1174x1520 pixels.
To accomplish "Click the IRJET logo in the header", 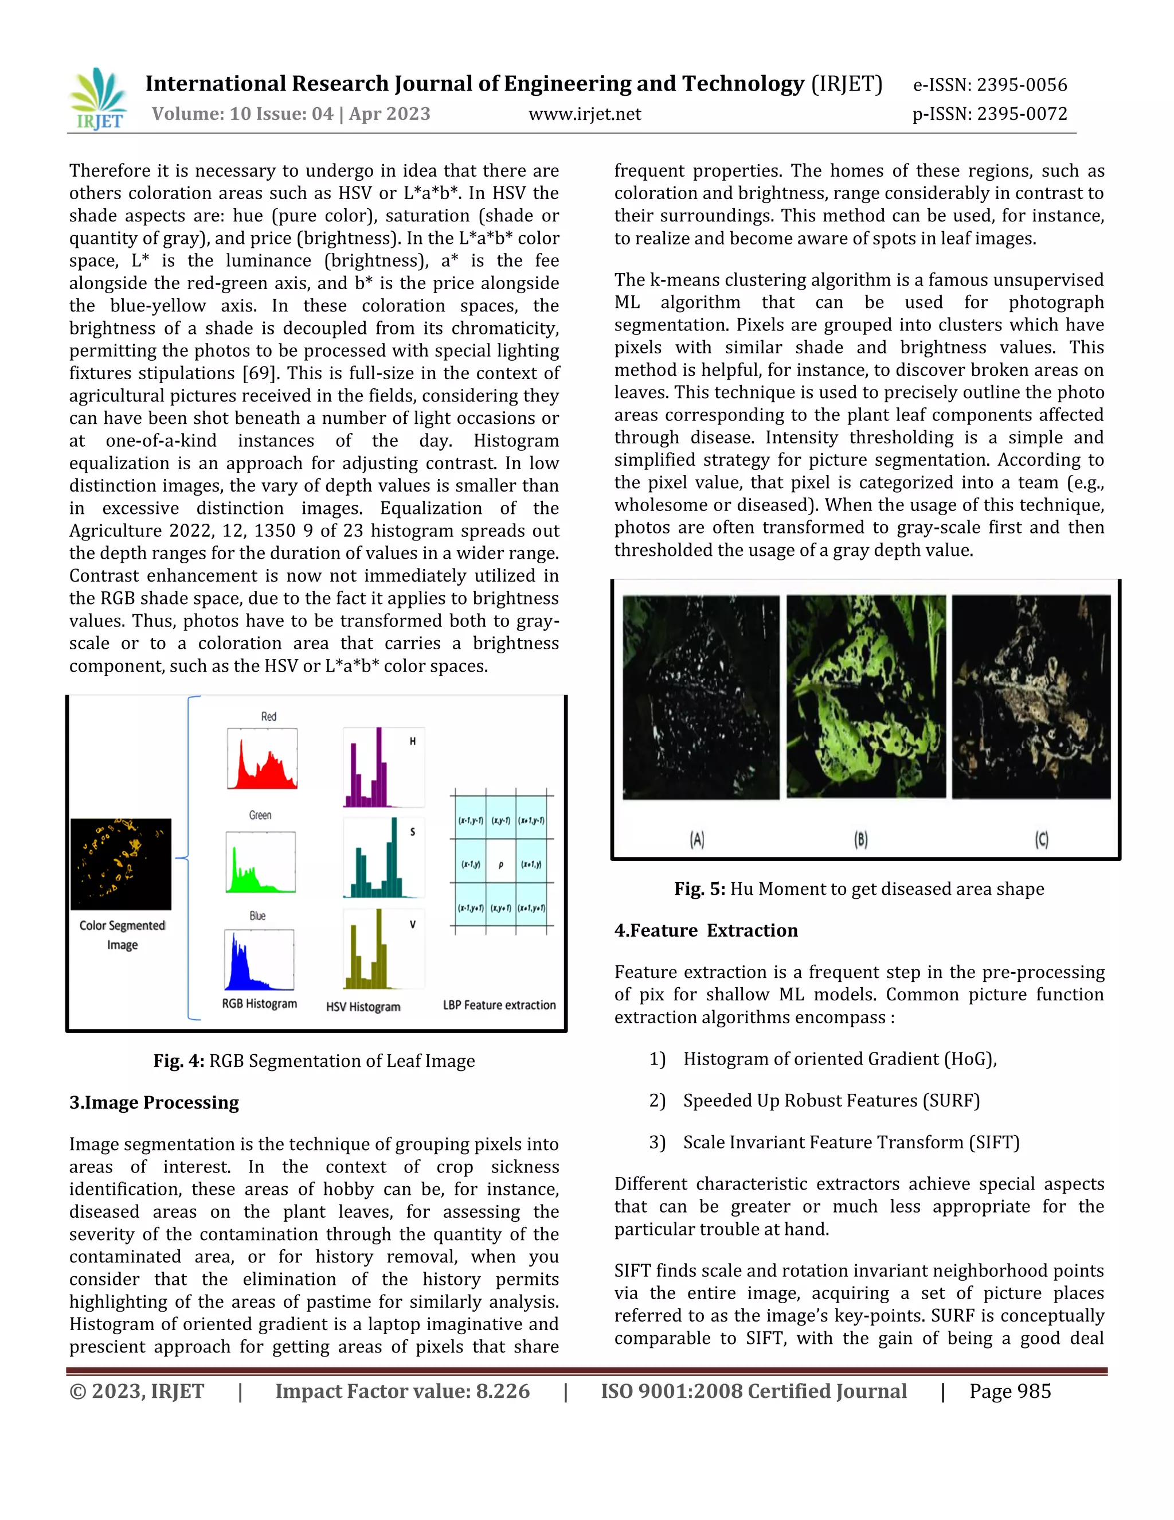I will point(99,99).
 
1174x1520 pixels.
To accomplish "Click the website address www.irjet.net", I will point(584,114).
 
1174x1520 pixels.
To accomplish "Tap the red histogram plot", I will point(262,759).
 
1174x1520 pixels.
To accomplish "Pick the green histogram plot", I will point(261,862).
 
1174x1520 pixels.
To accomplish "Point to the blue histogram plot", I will point(259,960).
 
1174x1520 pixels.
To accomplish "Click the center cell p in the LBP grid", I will point(501,865).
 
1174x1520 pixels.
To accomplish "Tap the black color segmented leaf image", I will point(121,864).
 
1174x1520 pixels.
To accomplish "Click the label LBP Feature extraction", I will point(499,1005).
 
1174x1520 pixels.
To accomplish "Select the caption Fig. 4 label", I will point(179,1061).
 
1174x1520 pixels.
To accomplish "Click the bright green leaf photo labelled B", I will point(866,696).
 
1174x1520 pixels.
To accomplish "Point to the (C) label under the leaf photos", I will point(1041,840).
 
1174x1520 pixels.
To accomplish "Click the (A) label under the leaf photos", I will point(697,840).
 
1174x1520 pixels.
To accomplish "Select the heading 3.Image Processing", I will point(154,1102).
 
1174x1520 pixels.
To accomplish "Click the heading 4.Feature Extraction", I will point(706,930).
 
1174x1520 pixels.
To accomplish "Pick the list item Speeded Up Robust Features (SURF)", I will point(831,1100).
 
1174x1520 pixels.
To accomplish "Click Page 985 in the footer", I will point(1010,1392).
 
